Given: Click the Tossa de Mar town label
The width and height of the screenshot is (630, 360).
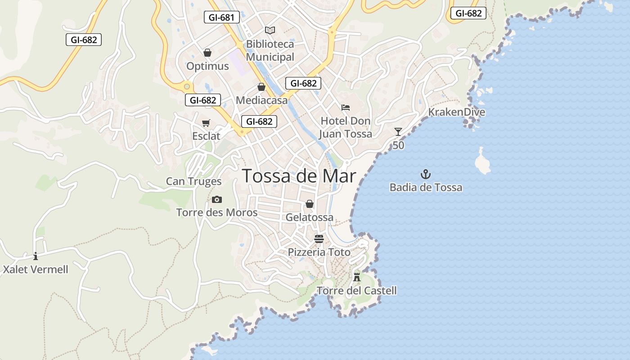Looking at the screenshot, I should tap(299, 176).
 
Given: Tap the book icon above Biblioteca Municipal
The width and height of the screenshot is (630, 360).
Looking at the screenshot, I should tap(270, 30).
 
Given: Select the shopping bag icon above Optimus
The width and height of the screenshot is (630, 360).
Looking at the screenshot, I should tap(207, 53).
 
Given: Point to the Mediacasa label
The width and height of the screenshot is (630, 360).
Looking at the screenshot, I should tap(261, 100).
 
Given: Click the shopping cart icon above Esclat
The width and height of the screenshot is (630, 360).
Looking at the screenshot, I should tap(206, 123).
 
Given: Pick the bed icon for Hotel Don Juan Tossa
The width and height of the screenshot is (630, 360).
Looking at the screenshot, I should tap(346, 108).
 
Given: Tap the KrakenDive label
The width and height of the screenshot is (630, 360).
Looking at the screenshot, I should tap(456, 112).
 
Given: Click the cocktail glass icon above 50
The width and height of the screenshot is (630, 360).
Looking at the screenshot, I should tap(398, 132).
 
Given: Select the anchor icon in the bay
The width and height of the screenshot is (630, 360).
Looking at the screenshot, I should tap(426, 174).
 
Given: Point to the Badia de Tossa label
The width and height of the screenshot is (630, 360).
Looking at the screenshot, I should tap(426, 187).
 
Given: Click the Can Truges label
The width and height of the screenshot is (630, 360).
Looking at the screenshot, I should tap(193, 181).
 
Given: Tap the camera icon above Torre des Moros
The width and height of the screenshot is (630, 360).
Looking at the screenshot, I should tap(217, 199).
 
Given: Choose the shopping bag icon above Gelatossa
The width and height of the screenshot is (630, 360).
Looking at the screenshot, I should tap(310, 204).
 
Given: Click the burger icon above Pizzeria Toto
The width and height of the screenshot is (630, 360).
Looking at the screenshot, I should tap(319, 239).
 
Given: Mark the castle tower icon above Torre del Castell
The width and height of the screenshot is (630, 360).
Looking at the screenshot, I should tap(357, 277).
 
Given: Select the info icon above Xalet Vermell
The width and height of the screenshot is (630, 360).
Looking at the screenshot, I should tap(36, 256).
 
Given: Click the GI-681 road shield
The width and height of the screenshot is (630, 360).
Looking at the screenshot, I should tap(221, 18).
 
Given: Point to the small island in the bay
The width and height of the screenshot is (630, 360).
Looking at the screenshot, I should tap(482, 162).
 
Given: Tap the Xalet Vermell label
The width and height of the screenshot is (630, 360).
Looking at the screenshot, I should tap(36, 270).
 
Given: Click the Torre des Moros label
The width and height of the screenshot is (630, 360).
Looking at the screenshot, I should tap(217, 212).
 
